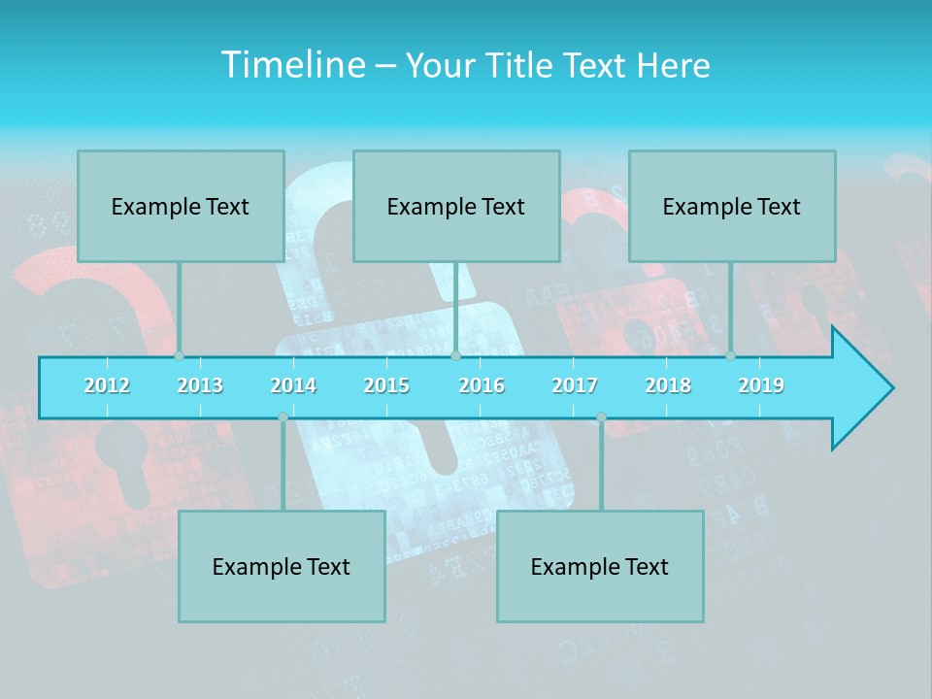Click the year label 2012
tap(107, 385)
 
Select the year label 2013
tap(200, 385)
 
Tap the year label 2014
tap(293, 385)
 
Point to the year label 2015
tap(386, 385)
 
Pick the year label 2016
tap(482, 385)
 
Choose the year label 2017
tap(575, 385)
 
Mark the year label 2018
tap(668, 385)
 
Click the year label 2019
tap(761, 385)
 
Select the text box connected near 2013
tap(181, 206)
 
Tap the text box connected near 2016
tap(456, 206)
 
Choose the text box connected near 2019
tap(732, 206)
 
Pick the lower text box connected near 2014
tap(282, 566)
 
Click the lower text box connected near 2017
tap(600, 566)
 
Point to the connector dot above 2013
tap(179, 355)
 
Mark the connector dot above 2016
tap(455, 355)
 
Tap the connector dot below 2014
tap(283, 417)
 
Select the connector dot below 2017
tap(601, 417)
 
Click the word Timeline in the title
tap(291, 65)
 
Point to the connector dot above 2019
tap(730, 355)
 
